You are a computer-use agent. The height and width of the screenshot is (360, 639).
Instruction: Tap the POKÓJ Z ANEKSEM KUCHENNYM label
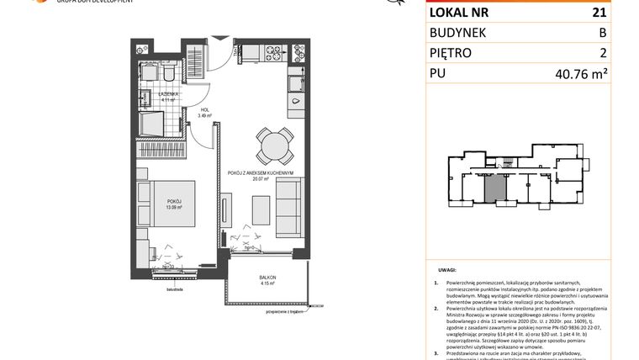click(259, 172)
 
